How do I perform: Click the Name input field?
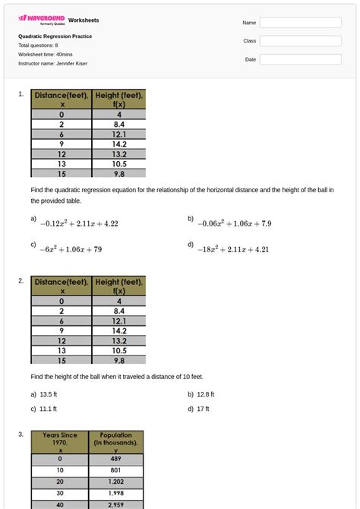click(x=300, y=23)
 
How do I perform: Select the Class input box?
click(x=300, y=41)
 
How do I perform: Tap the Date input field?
click(x=300, y=59)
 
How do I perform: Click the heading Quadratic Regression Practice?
click(x=55, y=36)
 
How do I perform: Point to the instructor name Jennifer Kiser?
click(x=52, y=64)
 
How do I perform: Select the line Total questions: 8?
click(x=38, y=46)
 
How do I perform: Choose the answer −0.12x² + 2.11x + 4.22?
click(x=79, y=224)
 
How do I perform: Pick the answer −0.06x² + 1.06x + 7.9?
click(x=234, y=224)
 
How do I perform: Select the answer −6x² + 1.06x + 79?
click(x=71, y=249)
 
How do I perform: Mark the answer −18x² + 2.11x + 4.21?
click(x=233, y=249)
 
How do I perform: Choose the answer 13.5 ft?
click(x=48, y=395)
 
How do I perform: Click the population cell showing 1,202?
click(x=115, y=482)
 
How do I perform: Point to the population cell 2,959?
click(x=115, y=504)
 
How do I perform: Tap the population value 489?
click(x=115, y=459)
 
